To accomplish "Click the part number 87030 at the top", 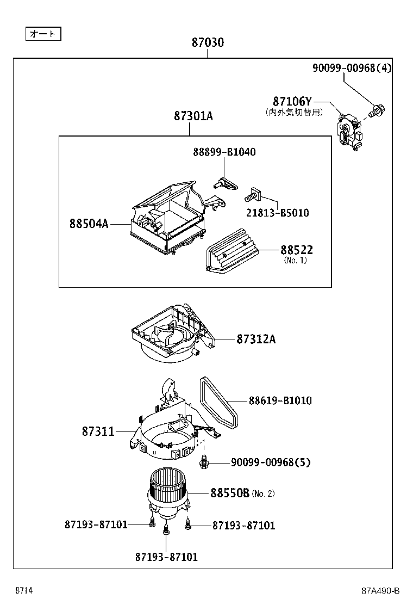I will click(x=208, y=42).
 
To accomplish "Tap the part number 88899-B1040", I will click(x=224, y=152).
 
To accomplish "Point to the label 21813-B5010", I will click(x=278, y=213).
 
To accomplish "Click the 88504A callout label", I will click(x=88, y=224).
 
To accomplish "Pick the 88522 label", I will click(x=296, y=250).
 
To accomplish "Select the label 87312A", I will click(x=256, y=339).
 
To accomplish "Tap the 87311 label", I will click(x=98, y=431).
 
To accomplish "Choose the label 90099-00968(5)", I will click(x=271, y=462).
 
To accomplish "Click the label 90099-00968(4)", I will click(x=352, y=67).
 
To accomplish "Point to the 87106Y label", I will click(x=292, y=102).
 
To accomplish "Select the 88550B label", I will click(x=230, y=493).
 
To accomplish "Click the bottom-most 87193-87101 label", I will click(x=166, y=557).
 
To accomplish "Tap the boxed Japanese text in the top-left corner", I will click(x=43, y=34).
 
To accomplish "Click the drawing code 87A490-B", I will click(x=380, y=591).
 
